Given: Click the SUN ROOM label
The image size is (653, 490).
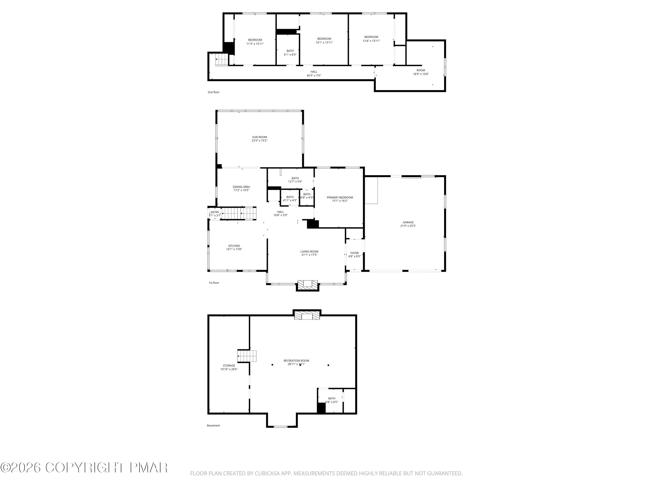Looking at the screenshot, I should pos(259,137).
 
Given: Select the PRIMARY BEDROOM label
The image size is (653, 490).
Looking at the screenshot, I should pos(340,197).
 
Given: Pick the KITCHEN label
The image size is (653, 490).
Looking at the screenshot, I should pos(234,246).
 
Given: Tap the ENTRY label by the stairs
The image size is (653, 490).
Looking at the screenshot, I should pos(215,212).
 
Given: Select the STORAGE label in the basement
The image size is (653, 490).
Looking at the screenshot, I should pos(229,366).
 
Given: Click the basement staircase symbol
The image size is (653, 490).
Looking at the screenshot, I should pos(247,356).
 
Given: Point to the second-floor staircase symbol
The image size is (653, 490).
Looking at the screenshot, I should pos(222,60).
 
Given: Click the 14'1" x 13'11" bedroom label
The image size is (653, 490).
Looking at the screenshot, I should pos(324,41).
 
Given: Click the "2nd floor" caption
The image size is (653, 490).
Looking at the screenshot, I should pos(214,92).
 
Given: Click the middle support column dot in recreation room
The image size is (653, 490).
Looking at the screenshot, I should pos(300,365).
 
